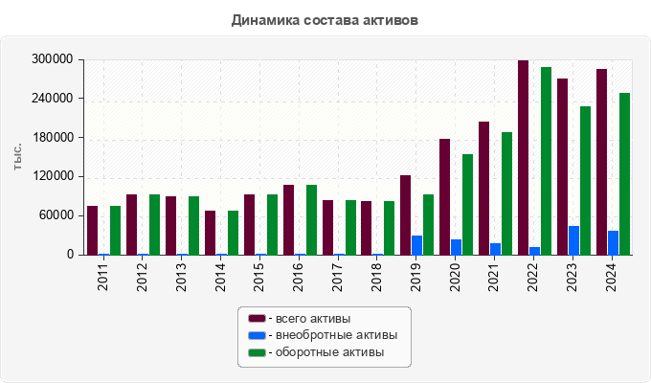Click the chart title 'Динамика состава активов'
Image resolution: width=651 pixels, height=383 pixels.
tap(325, 19)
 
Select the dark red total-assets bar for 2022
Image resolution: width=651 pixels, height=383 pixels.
tap(523, 158)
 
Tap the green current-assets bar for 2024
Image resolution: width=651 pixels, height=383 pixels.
tap(624, 173)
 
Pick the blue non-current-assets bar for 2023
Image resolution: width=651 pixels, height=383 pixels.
tap(573, 240)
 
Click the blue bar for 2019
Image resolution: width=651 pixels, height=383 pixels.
tap(417, 245)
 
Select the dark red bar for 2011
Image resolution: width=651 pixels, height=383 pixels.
tap(93, 230)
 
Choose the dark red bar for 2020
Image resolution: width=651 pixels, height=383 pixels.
tap(445, 196)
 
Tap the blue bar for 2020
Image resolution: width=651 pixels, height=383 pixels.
tap(457, 247)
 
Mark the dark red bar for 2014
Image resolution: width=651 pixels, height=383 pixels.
tap(210, 233)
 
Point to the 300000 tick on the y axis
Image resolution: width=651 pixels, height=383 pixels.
tap(53, 59)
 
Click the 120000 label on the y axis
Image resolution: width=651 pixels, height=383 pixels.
tap(53, 177)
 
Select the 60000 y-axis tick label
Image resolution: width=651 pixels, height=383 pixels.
tap(56, 215)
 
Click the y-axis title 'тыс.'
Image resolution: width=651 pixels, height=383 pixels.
tap(18, 157)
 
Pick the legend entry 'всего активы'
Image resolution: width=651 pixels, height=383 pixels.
tap(309, 318)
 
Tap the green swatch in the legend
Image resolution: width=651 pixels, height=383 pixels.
tap(257, 352)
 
